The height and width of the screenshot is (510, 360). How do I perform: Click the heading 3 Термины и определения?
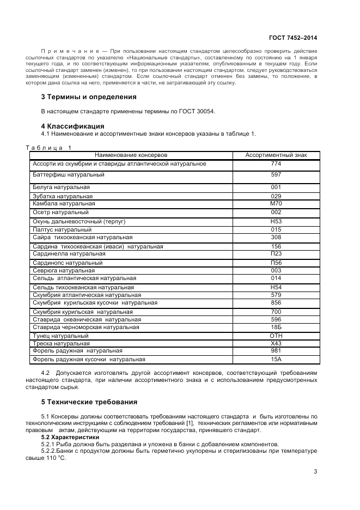(x=89, y=97)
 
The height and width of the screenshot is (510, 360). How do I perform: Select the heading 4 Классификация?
(x=73, y=126)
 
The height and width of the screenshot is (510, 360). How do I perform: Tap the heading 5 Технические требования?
(x=89, y=402)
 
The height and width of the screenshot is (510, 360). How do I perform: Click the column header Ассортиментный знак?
(x=276, y=155)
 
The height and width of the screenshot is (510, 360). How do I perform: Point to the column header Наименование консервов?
(x=131, y=155)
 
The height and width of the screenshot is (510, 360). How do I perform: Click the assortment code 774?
(x=276, y=163)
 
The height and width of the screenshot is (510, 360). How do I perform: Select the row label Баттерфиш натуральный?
(x=69, y=175)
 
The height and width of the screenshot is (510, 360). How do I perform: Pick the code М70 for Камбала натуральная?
(x=276, y=204)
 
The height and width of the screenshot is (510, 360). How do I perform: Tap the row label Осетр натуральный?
(x=60, y=212)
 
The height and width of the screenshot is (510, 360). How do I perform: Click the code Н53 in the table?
(x=276, y=222)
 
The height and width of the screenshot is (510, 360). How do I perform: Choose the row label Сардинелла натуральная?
(x=69, y=254)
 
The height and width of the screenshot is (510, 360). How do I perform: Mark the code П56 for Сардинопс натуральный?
(x=276, y=263)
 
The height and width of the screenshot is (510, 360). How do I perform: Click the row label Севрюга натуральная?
(x=64, y=270)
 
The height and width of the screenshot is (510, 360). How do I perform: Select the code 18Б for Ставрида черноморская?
(x=276, y=327)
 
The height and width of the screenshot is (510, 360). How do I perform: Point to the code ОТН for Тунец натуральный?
(x=276, y=336)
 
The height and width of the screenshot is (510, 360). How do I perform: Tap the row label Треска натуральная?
(x=61, y=344)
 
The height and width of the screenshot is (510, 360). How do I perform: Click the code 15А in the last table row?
(x=276, y=360)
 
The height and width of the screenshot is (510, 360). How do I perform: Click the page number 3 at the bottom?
(x=315, y=472)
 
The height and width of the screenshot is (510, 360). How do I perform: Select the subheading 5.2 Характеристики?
(x=70, y=437)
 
